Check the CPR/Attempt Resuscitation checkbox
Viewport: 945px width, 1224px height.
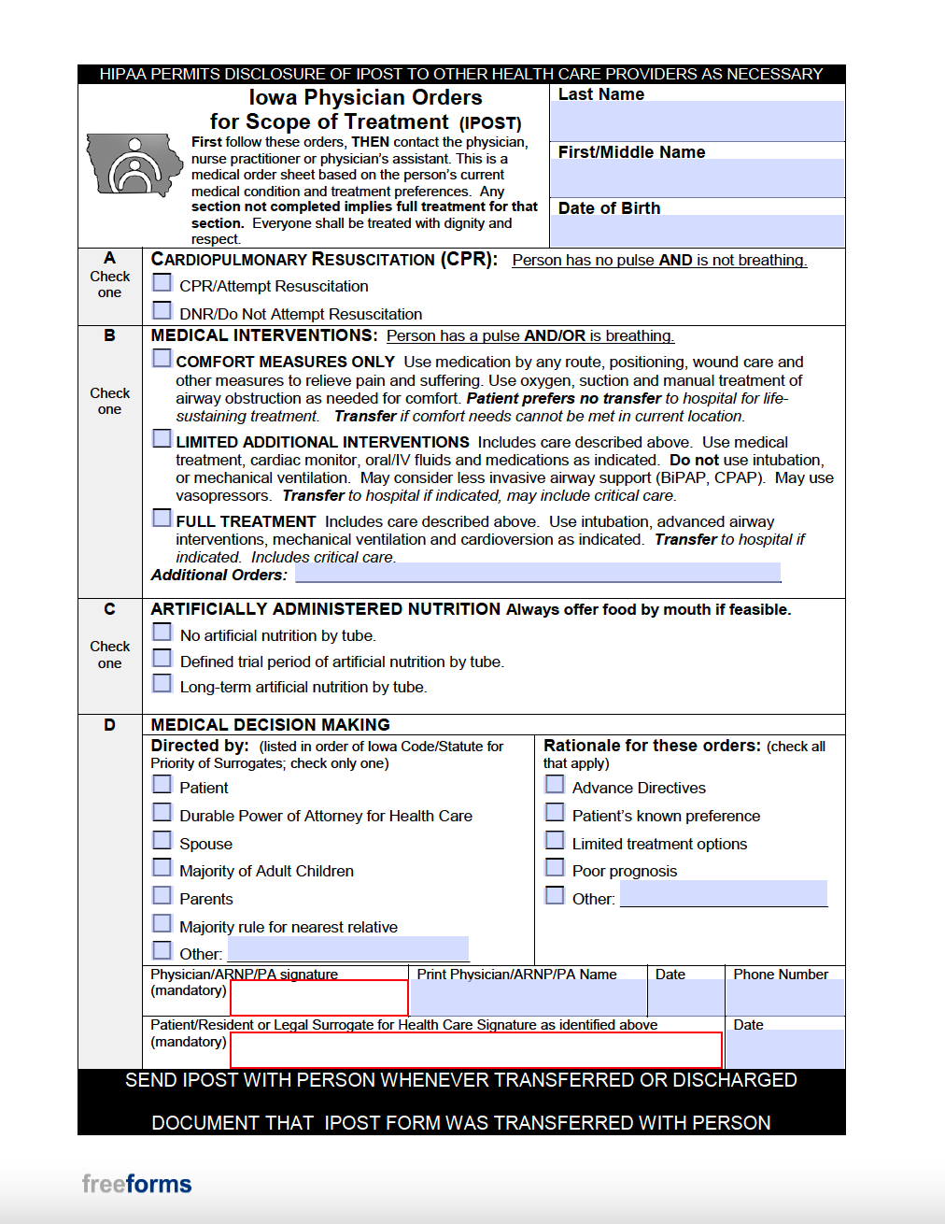pos(162,282)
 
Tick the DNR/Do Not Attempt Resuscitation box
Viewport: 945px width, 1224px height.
pos(162,310)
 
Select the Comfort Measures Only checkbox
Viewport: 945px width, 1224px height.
pos(162,358)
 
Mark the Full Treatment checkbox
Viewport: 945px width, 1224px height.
pos(162,518)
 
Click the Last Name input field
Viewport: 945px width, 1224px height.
pos(697,121)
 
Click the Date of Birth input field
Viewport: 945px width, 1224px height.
pos(697,231)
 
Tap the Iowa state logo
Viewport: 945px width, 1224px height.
pos(134,165)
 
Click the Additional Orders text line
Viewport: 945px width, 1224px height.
pos(538,573)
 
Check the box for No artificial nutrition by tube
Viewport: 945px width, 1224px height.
pos(162,633)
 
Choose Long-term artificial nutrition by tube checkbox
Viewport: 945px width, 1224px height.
pos(162,684)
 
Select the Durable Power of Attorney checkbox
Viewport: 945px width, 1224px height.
pos(162,812)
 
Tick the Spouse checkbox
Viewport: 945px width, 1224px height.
pos(162,840)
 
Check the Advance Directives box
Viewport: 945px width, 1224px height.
pos(555,784)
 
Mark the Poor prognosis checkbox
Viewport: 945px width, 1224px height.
pos(555,867)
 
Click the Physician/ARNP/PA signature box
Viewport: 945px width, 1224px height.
pos(318,998)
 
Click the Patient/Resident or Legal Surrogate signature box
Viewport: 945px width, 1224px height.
pos(475,1049)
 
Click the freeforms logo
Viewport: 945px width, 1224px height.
pos(136,1184)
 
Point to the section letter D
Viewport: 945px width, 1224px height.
pos(109,725)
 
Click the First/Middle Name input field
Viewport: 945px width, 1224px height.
pos(697,178)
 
